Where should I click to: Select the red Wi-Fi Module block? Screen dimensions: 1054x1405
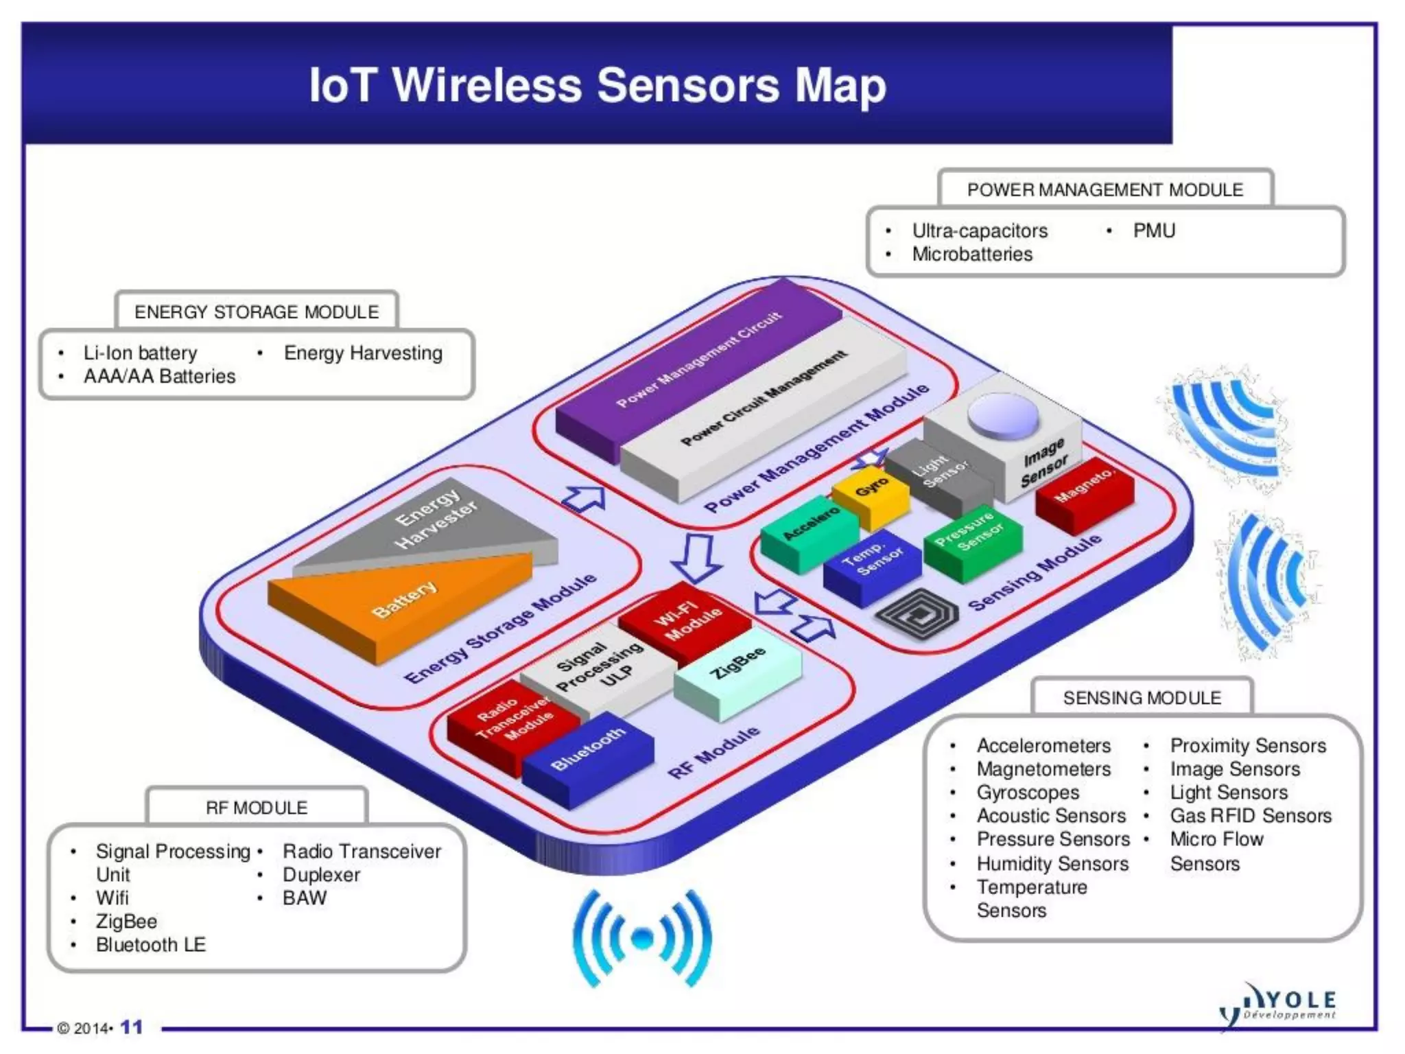[x=686, y=621]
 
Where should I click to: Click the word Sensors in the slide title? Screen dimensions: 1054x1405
[x=688, y=86]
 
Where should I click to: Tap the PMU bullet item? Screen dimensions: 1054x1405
[x=1154, y=231]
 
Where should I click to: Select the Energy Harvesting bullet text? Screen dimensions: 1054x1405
[x=363, y=353]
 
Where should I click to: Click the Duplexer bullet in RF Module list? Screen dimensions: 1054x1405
[x=321, y=875]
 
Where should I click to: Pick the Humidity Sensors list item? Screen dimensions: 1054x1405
[x=1052, y=863]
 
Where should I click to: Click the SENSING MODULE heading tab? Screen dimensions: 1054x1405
[x=1142, y=698]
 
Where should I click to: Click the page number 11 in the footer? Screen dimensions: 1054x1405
[x=131, y=1027]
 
